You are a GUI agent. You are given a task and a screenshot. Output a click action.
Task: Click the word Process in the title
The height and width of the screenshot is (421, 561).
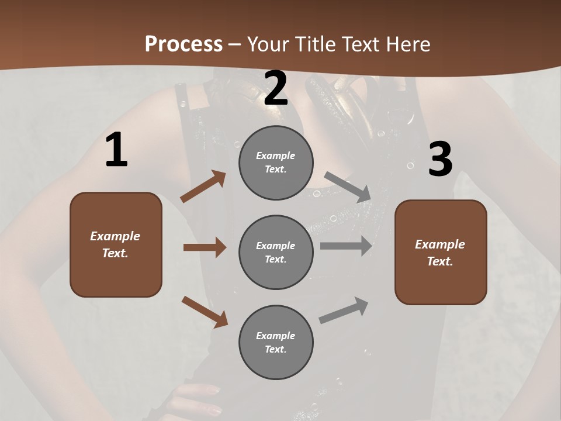pyautogui.click(x=183, y=44)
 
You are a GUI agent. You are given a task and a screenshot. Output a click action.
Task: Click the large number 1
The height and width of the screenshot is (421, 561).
pyautogui.click(x=116, y=150)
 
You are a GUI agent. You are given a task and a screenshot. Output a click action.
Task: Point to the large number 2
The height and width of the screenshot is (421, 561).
pyautogui.click(x=276, y=88)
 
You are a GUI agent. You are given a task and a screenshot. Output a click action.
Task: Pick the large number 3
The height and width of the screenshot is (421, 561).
pyautogui.click(x=440, y=159)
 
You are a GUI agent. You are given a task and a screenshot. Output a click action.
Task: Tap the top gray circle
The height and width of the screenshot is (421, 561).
pyautogui.click(x=276, y=163)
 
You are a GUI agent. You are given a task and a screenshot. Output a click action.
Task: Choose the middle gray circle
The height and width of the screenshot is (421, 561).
pyautogui.click(x=276, y=253)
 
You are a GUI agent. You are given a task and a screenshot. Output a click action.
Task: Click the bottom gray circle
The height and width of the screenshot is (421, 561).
pyautogui.click(x=276, y=343)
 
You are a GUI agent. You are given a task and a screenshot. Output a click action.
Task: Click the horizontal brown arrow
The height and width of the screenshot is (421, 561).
pyautogui.click(x=205, y=247)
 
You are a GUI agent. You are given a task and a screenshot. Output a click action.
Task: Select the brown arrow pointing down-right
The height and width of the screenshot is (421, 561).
pyautogui.click(x=205, y=312)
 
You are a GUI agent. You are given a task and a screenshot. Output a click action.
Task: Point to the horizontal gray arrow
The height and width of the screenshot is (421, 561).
pyautogui.click(x=346, y=246)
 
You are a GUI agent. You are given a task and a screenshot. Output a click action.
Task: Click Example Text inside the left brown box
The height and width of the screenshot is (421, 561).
pyautogui.click(x=116, y=244)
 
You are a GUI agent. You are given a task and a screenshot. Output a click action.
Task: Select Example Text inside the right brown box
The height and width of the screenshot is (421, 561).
pyautogui.click(x=440, y=253)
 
